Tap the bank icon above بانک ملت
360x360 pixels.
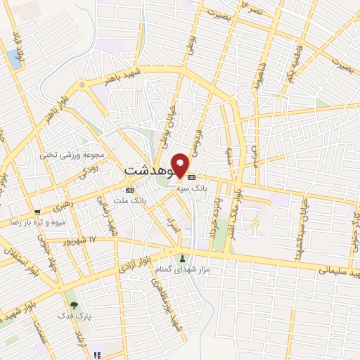[x=129, y=190]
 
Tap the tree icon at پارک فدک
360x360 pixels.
[x=74, y=305]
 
